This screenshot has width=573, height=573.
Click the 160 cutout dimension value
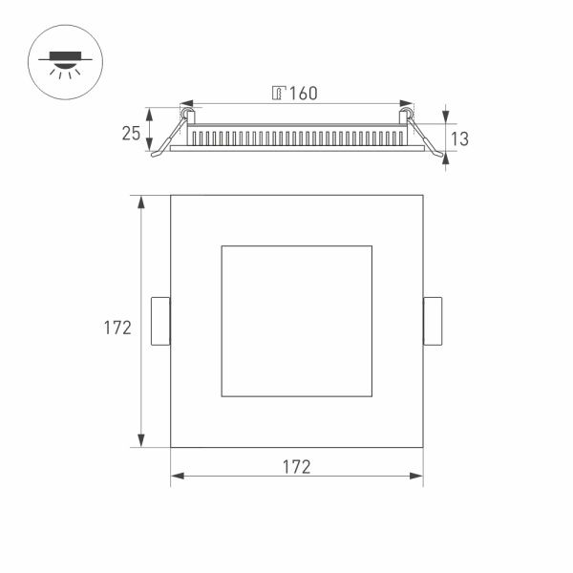(303, 93)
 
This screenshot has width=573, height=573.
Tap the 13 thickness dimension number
(459, 138)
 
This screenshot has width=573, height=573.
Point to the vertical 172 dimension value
(117, 328)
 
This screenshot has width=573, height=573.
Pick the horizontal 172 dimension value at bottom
(296, 467)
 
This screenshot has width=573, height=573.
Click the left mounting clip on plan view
(160, 321)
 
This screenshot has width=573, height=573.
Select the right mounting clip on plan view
(433, 321)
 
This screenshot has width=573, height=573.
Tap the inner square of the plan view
(296, 321)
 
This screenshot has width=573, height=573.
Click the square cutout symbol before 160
(278, 93)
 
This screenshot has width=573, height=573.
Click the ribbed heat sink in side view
(296, 137)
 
